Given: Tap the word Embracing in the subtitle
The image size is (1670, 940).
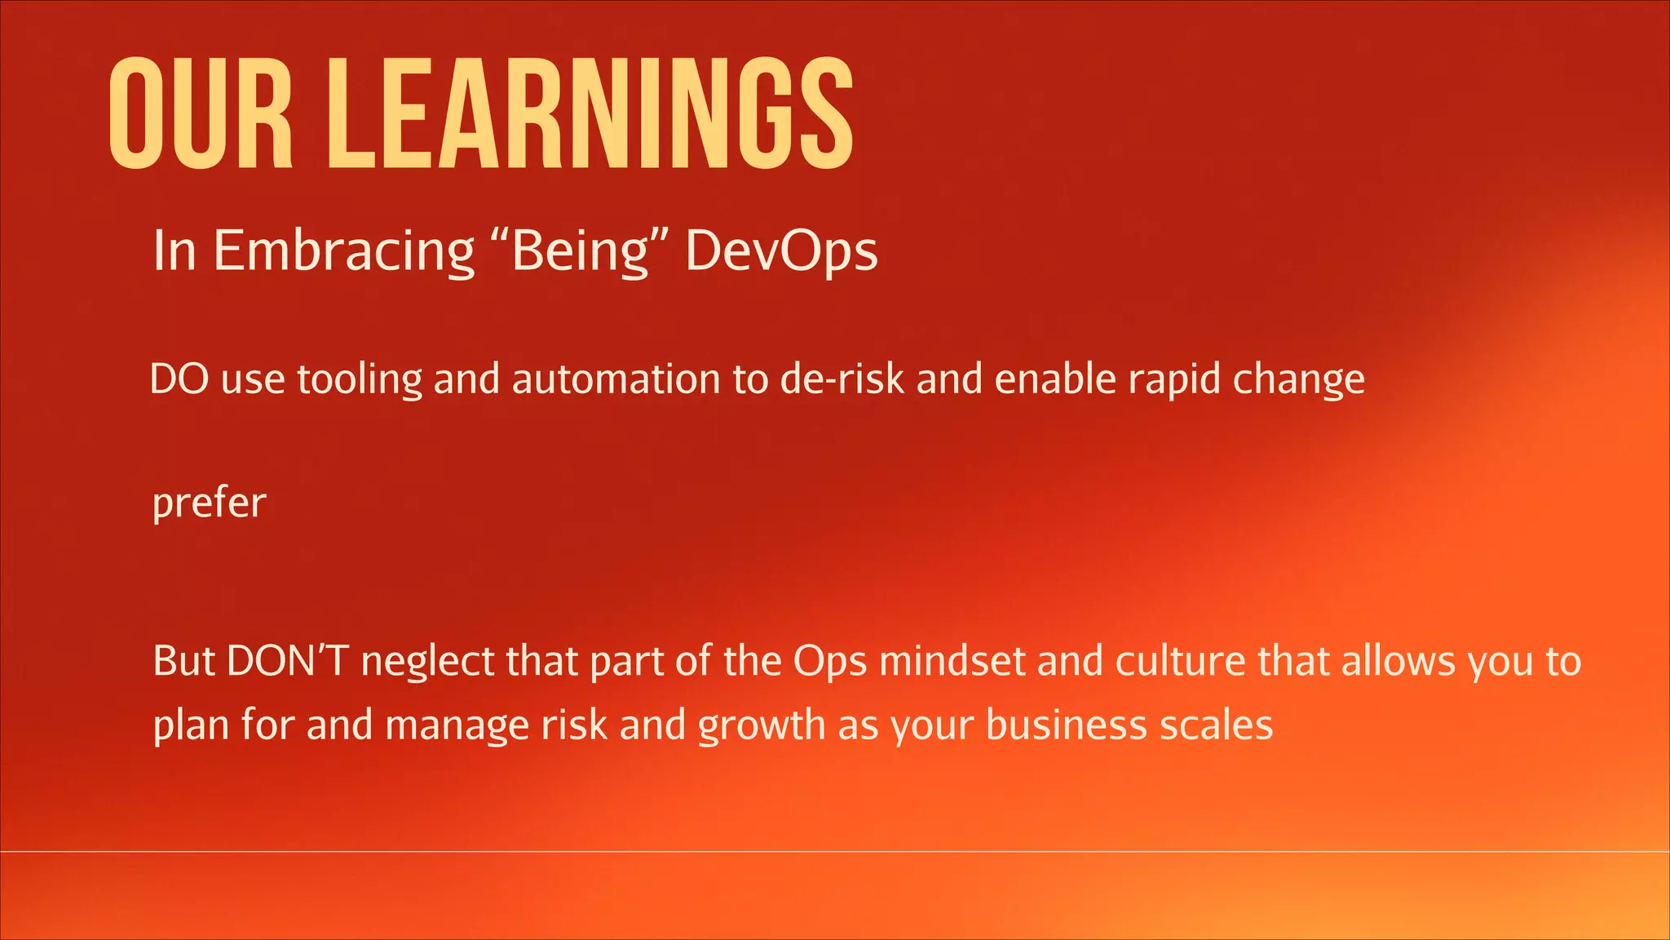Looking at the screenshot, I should click(x=343, y=251).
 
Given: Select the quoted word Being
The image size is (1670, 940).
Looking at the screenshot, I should click(x=581, y=251).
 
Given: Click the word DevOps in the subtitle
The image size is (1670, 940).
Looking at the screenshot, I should click(x=781, y=251).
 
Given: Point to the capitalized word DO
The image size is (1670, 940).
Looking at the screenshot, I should click(x=179, y=379).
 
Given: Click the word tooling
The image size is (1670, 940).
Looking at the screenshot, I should click(x=360, y=380).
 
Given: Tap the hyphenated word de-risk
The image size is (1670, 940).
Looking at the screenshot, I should click(x=842, y=379).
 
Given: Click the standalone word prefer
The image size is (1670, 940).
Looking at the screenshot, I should click(x=209, y=503).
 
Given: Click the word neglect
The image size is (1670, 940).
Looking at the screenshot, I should click(x=427, y=661).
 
